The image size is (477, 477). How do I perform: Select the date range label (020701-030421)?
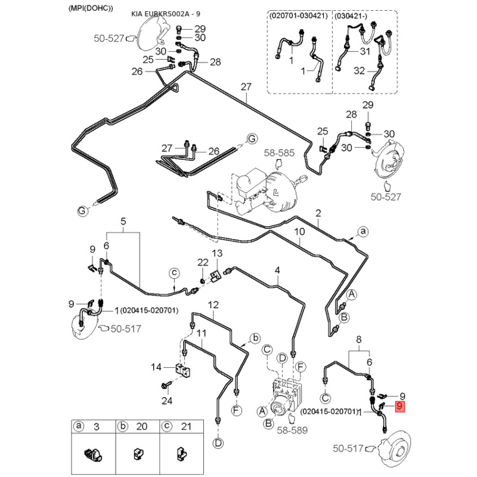pyautogui.click(x=298, y=16)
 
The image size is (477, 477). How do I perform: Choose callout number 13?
pyautogui.click(x=216, y=254)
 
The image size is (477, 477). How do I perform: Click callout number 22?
pyautogui.click(x=203, y=263)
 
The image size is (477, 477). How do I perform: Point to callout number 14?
pyautogui.click(x=156, y=367)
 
